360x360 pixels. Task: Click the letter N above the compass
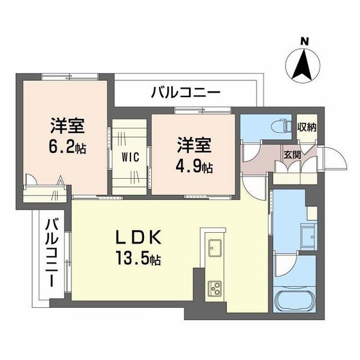[305, 42]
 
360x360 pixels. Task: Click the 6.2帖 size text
[66, 146]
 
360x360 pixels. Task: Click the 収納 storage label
[306, 126]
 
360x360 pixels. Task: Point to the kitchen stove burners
[213, 287]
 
